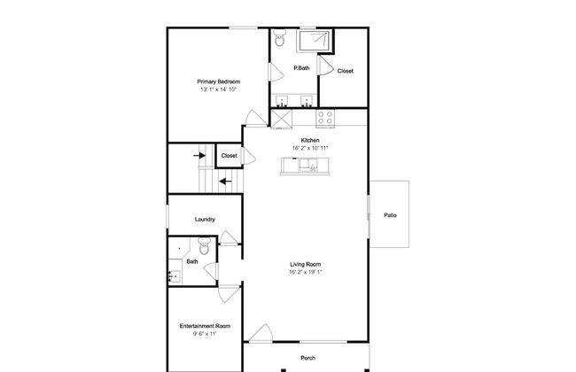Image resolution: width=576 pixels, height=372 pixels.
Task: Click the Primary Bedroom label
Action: pyautogui.click(x=219, y=81)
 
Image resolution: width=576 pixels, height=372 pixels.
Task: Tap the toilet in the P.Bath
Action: pyautogui.click(x=280, y=37)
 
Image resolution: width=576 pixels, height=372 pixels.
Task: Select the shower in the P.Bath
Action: pyautogui.click(x=315, y=41)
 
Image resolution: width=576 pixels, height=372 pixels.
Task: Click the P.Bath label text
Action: pyautogui.click(x=301, y=68)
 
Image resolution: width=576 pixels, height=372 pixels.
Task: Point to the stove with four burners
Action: pyautogui.click(x=325, y=118)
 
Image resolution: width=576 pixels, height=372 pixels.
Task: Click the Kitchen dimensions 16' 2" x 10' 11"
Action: pyautogui.click(x=310, y=148)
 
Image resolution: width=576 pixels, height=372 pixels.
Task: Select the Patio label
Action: pyautogui.click(x=390, y=215)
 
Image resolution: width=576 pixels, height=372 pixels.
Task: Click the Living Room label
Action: pyautogui.click(x=305, y=264)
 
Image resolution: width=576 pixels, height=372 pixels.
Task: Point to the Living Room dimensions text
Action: pyautogui.click(x=305, y=272)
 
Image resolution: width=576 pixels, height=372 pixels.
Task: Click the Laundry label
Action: pyautogui.click(x=205, y=220)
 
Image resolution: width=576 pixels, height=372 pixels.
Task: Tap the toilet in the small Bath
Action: pyautogui.click(x=204, y=245)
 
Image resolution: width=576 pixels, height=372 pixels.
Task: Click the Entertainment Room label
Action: pyautogui.click(x=205, y=326)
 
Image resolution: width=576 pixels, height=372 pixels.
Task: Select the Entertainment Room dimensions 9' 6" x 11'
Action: pyautogui.click(x=205, y=334)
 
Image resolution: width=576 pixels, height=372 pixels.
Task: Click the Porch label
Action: pyautogui.click(x=307, y=358)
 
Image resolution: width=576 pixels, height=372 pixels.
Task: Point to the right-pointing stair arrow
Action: pyautogui.click(x=199, y=156)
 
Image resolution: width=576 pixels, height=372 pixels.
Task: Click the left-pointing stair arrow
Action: pyautogui.click(x=226, y=182)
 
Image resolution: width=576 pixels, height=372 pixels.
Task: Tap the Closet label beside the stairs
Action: pyautogui.click(x=229, y=156)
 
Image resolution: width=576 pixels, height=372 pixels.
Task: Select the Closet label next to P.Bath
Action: pyautogui.click(x=346, y=71)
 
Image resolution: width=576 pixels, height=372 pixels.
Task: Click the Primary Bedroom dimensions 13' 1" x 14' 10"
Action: pyautogui.click(x=219, y=89)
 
